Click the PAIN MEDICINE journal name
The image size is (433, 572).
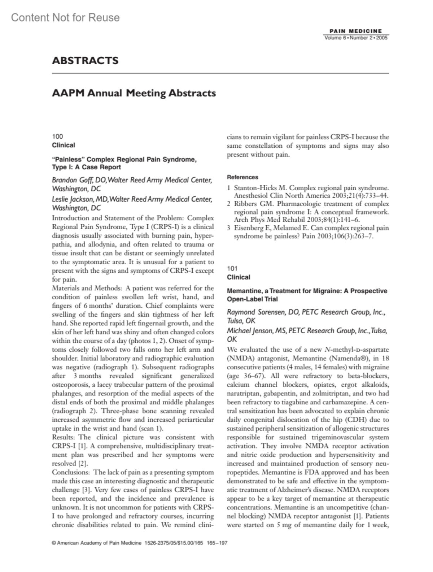356,31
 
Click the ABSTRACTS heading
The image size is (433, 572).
85,60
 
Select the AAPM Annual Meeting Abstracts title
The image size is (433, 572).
134,93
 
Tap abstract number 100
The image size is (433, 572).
57,136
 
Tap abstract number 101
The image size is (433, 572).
232,268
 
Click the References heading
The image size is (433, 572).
242,177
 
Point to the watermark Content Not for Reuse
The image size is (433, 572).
65,17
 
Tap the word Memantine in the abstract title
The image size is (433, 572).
243,291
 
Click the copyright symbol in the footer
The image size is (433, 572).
54,543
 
